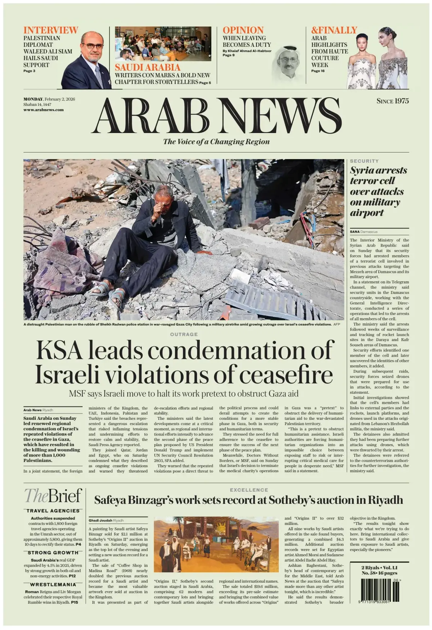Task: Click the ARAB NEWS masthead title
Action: (x=216, y=116)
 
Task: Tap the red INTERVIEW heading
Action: (x=50, y=30)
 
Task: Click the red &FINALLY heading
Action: (x=334, y=30)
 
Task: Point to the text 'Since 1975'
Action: (x=392, y=101)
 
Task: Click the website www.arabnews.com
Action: (x=43, y=110)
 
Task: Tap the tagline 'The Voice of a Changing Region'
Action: (x=216, y=141)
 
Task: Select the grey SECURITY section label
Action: (x=364, y=161)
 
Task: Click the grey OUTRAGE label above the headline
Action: (x=184, y=334)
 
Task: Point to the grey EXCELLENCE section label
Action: (x=249, y=490)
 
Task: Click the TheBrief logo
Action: (x=53, y=496)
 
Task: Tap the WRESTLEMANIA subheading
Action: (x=53, y=585)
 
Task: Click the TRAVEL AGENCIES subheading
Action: (x=53, y=511)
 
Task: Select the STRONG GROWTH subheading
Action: (x=53, y=552)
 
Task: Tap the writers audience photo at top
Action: (x=163, y=44)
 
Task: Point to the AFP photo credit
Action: (x=337, y=324)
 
